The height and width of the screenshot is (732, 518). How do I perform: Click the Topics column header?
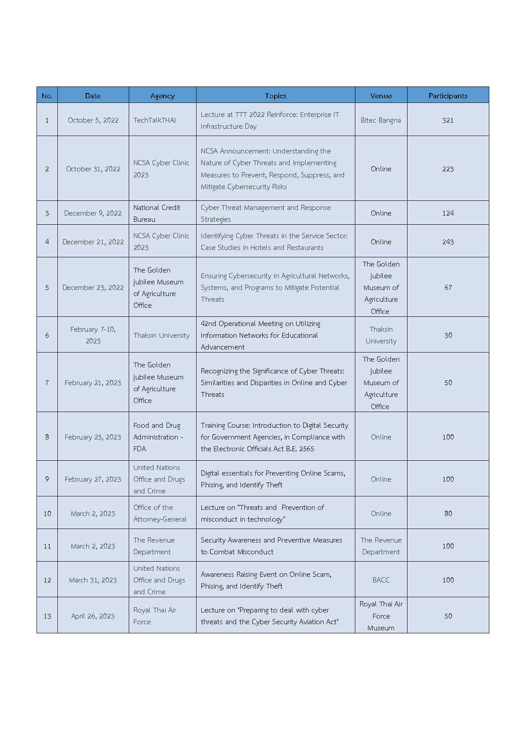[275, 96]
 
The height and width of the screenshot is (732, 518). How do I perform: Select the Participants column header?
[448, 96]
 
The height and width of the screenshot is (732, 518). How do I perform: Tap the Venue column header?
[381, 96]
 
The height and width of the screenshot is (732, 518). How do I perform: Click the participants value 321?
[448, 120]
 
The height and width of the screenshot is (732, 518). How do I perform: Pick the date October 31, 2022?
[93, 169]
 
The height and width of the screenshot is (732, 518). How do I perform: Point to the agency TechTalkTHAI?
[154, 120]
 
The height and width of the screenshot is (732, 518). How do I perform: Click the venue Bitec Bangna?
[381, 120]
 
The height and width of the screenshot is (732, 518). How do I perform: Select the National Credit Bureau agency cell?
[157, 213]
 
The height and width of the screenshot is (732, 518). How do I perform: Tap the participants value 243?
[448, 242]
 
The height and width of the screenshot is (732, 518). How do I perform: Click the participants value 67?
[448, 287]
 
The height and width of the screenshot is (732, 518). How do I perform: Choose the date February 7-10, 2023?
[93, 335]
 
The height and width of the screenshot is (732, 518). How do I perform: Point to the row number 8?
[47, 437]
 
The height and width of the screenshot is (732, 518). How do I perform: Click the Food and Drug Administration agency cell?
[158, 437]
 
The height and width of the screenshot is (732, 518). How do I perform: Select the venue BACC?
[381, 580]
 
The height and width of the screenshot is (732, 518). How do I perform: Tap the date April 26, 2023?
[93, 616]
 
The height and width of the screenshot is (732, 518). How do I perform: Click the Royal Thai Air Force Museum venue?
[381, 616]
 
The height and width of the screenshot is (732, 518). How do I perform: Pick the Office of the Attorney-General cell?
[160, 513]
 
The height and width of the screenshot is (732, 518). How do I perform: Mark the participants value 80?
[448, 513]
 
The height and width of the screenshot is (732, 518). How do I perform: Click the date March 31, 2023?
[93, 580]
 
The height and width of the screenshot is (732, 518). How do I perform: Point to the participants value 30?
[448, 335]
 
